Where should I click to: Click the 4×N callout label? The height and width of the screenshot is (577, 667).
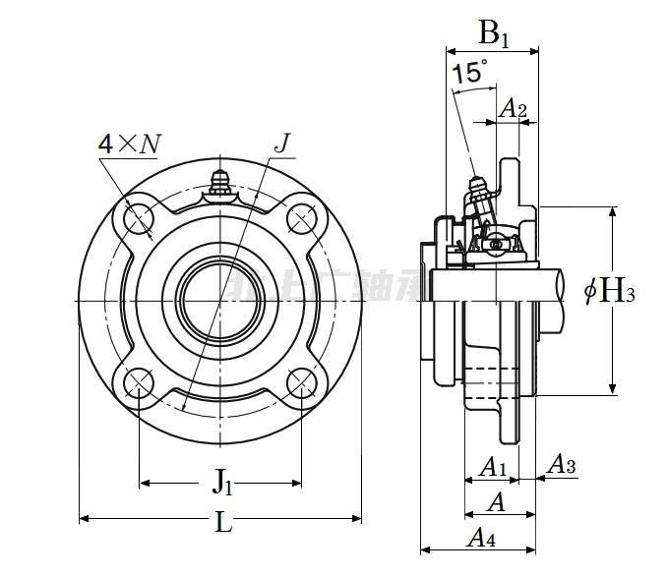(x=128, y=145)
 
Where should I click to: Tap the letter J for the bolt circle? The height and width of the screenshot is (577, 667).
(x=281, y=144)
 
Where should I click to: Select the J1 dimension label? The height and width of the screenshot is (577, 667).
(x=223, y=482)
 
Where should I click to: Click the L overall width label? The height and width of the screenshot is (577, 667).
(x=223, y=523)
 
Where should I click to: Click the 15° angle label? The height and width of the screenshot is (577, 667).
(x=469, y=73)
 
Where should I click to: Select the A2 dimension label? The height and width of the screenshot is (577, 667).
(x=513, y=109)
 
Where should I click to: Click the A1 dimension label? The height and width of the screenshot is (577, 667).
(x=491, y=466)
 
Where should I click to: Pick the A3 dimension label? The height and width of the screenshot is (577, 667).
(x=561, y=464)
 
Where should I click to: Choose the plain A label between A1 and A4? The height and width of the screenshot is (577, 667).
(x=497, y=501)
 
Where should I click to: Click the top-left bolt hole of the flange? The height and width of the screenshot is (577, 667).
(x=139, y=217)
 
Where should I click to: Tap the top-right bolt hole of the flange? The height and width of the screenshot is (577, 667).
(x=301, y=217)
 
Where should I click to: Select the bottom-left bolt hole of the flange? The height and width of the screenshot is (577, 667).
(x=139, y=380)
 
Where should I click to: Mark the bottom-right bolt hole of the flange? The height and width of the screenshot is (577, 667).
(x=301, y=380)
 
